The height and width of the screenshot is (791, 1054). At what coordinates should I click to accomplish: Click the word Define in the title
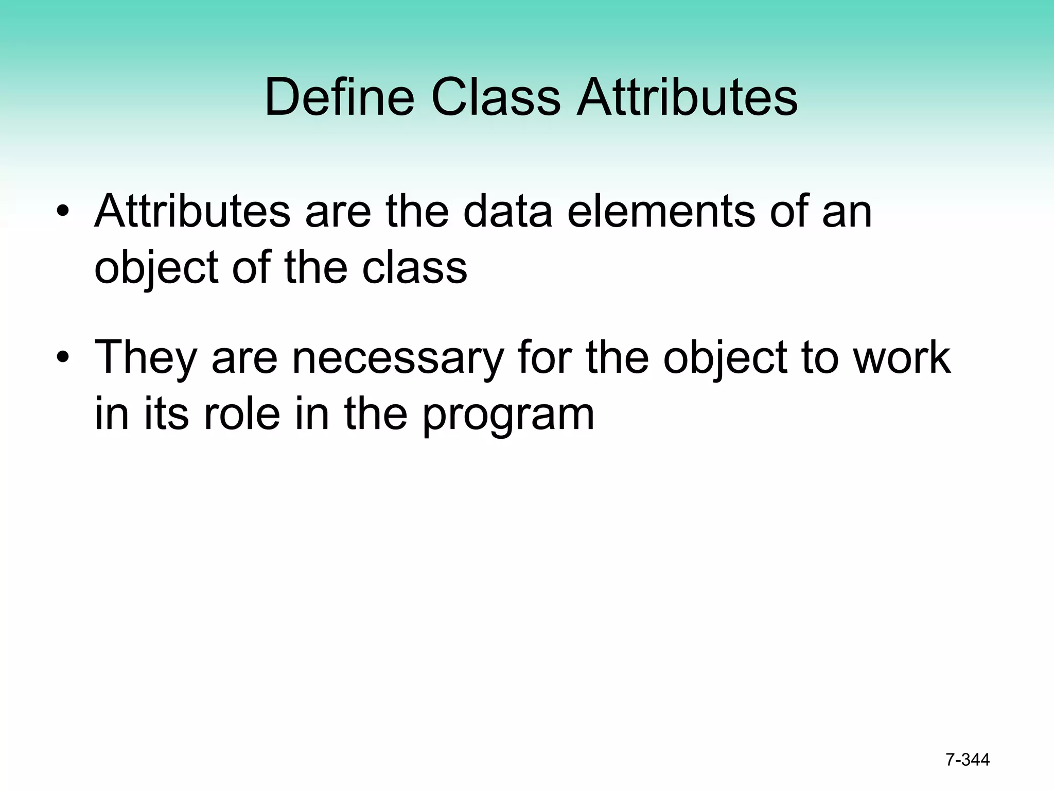point(339,97)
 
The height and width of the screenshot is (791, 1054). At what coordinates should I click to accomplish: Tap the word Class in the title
point(496,97)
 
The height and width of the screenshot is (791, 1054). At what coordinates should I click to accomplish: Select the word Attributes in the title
point(687,97)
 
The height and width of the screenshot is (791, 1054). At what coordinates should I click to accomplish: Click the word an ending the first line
point(847,212)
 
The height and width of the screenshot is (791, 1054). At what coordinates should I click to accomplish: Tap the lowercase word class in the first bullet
point(414,268)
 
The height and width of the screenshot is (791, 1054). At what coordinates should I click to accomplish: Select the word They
point(146,358)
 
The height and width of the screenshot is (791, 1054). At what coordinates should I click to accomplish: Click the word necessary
point(397,358)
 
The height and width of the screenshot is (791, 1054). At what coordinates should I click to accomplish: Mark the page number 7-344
point(967,760)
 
